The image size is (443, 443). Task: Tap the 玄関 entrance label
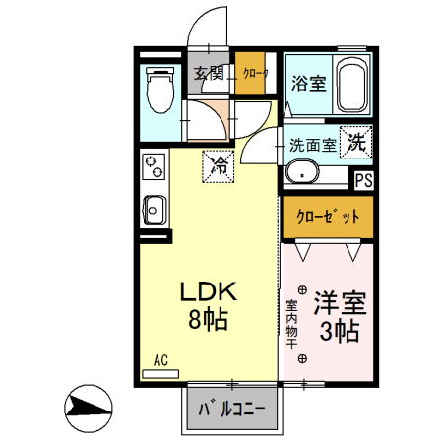coord(208,74)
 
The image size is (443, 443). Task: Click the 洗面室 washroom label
coord(313,144)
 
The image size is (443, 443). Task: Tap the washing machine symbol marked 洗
coord(356,141)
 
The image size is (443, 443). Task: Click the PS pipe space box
coord(363,180)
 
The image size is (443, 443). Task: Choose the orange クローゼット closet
coord(326,216)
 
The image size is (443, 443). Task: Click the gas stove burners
coord(153,167)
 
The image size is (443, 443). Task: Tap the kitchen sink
coord(155,210)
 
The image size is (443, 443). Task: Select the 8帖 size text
coord(209,320)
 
